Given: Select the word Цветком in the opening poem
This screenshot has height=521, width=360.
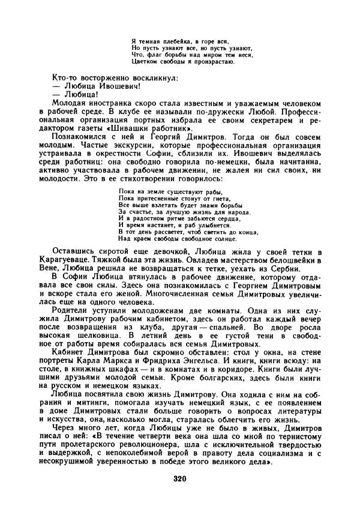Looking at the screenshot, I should (x=143, y=61).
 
